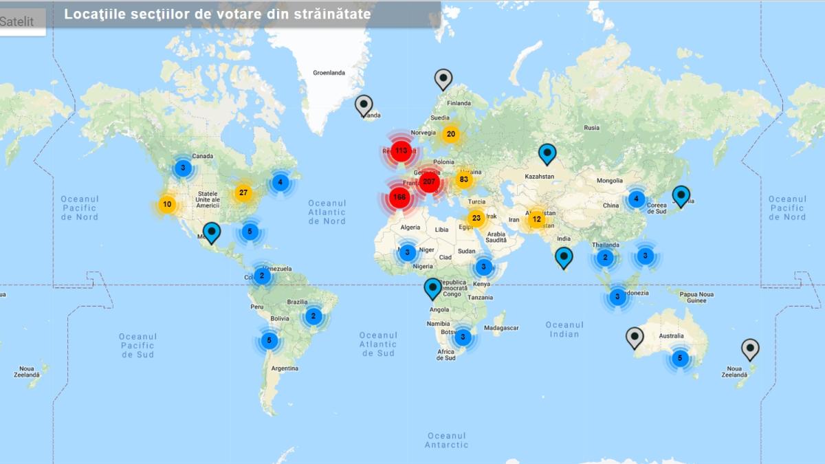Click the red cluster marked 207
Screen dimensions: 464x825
pyautogui.click(x=430, y=181)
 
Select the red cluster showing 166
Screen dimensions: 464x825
pyautogui.click(x=399, y=198)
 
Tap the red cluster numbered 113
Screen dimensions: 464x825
pyautogui.click(x=401, y=151)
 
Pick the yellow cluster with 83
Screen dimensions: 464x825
pyautogui.click(x=464, y=180)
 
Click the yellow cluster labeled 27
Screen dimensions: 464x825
pyautogui.click(x=243, y=192)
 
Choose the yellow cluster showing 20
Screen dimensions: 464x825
pyautogui.click(x=451, y=134)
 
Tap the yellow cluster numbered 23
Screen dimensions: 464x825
pyautogui.click(x=476, y=219)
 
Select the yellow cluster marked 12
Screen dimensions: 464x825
pyautogui.click(x=537, y=219)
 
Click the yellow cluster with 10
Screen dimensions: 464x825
pyautogui.click(x=167, y=204)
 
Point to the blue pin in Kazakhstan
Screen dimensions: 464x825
pyautogui.click(x=547, y=153)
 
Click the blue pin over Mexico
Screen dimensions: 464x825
pyautogui.click(x=212, y=232)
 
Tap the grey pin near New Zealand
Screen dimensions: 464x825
pyautogui.click(x=750, y=349)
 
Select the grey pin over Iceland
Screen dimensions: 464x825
pyautogui.click(x=364, y=105)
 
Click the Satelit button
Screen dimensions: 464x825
pyautogui.click(x=17, y=21)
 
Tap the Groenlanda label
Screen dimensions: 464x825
pyautogui.click(x=329, y=72)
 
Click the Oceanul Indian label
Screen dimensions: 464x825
pyautogui.click(x=564, y=329)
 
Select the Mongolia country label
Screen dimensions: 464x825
pyautogui.click(x=610, y=181)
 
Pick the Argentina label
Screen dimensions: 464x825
pyautogui.click(x=285, y=368)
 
